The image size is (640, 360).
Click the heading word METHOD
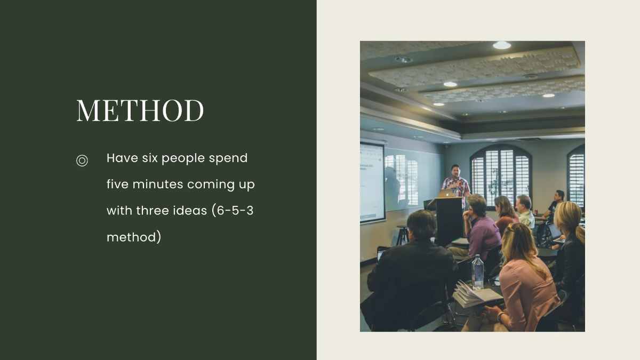click(x=140, y=110)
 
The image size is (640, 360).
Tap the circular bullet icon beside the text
click(x=82, y=161)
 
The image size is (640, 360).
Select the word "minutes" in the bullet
click(x=157, y=185)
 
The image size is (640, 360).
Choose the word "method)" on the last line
click(x=134, y=237)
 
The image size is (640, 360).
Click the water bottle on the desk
click(x=477, y=271)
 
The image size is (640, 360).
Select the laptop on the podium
click(x=447, y=194)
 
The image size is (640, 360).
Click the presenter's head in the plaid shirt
click(x=455, y=171)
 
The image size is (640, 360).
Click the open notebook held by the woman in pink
click(x=475, y=294)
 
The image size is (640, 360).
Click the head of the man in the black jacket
click(x=422, y=225)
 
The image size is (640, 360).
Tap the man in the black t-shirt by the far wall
click(x=556, y=203)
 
